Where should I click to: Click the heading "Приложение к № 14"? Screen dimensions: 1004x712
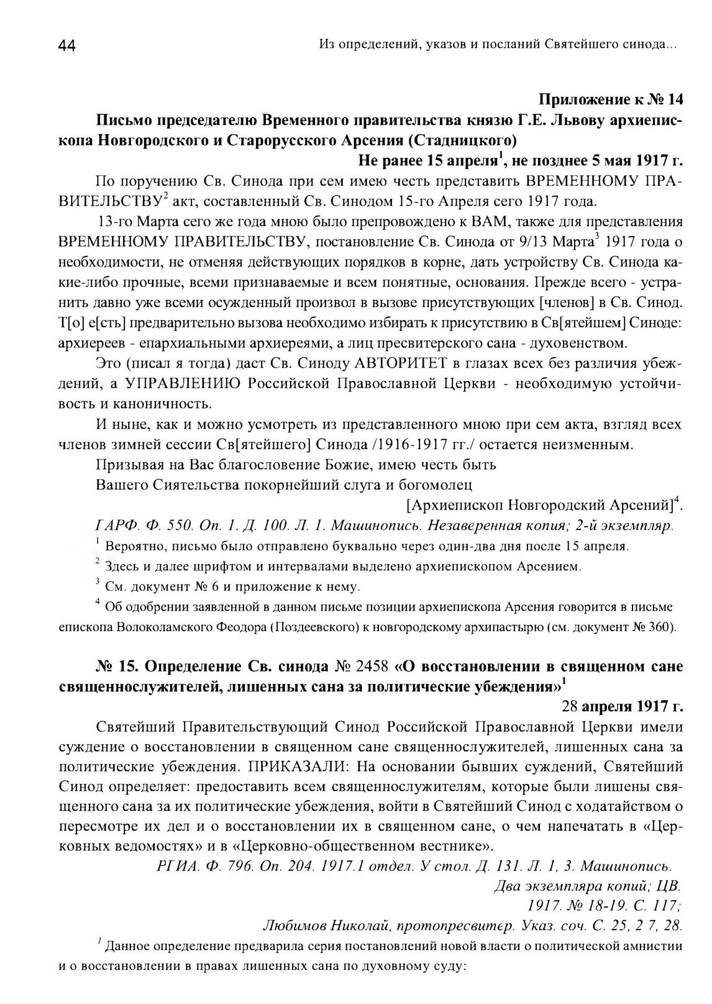coord(611,99)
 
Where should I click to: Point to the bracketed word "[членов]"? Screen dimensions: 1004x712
coord(568,303)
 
